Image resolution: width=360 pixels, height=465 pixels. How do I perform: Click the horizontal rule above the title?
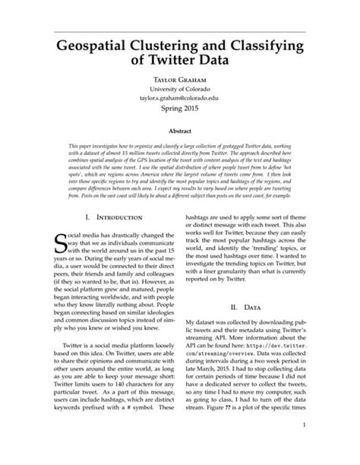click(179, 32)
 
